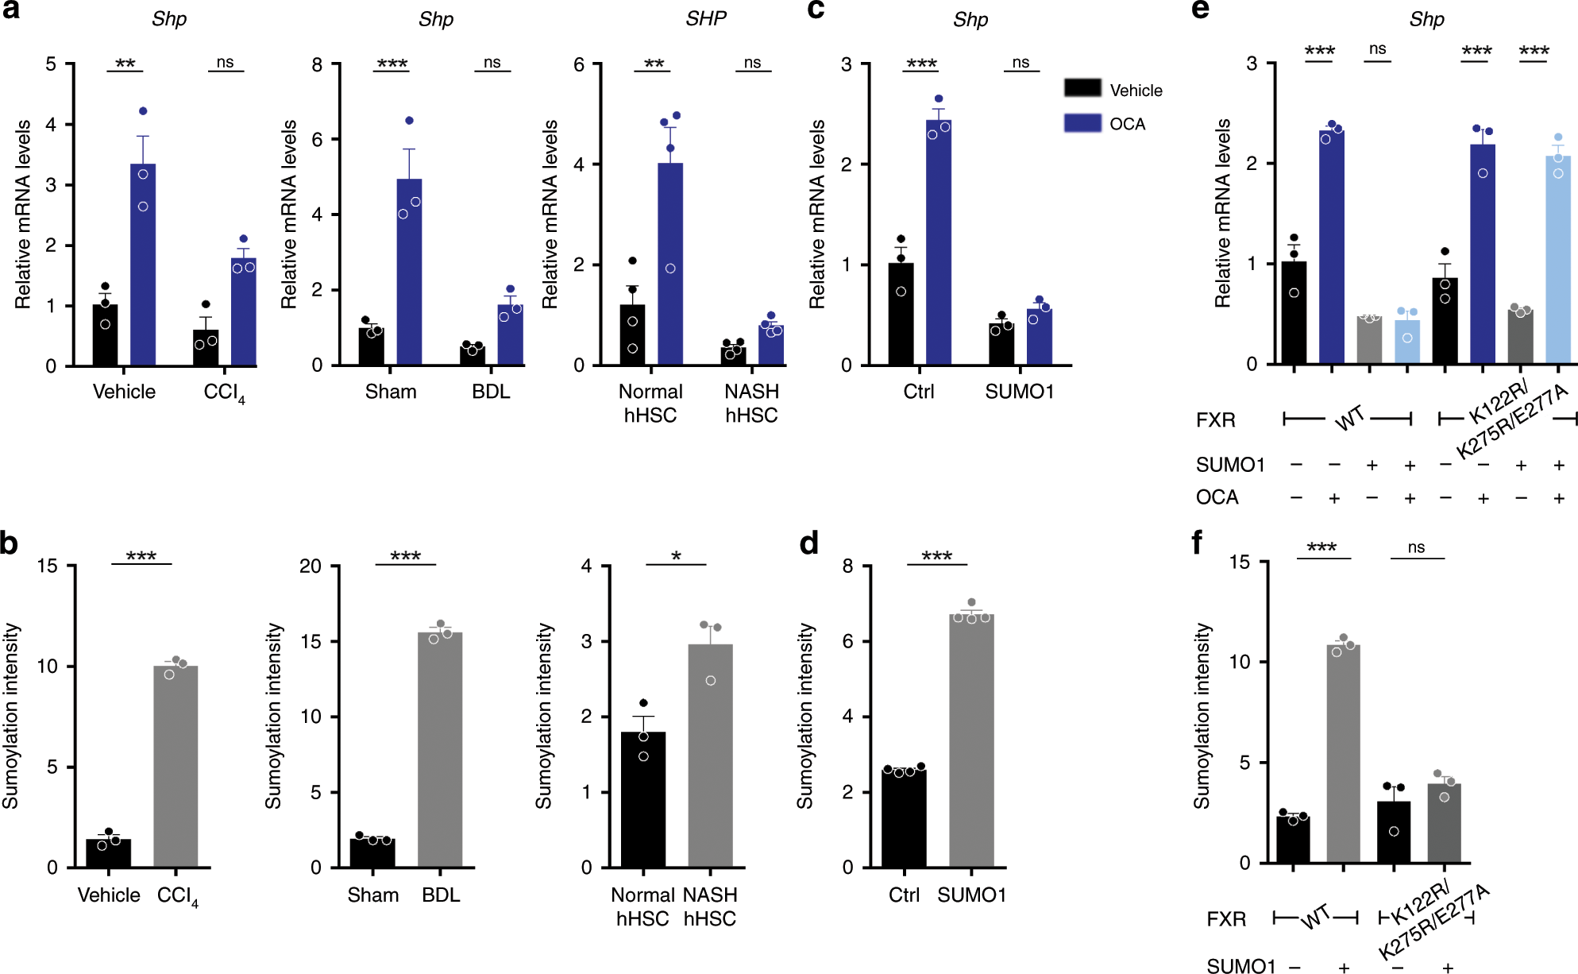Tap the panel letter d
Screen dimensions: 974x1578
[808, 543]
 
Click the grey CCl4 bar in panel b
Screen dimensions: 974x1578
[176, 767]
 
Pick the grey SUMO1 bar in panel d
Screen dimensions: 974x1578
[970, 740]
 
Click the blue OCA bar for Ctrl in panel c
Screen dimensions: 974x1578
[939, 242]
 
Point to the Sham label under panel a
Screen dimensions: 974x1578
[391, 392]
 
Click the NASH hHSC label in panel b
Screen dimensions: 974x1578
[710, 906]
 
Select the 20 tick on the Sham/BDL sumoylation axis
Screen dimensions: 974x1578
[310, 566]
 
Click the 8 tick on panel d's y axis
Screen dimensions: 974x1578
[847, 566]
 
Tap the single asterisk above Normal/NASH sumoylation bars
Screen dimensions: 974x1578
[676, 556]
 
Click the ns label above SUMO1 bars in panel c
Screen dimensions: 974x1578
[1021, 62]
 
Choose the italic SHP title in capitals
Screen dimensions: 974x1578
[705, 18]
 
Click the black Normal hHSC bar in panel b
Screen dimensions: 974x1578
[642, 799]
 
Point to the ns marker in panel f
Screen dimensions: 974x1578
[1416, 547]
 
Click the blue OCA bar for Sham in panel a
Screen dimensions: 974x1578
[409, 272]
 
